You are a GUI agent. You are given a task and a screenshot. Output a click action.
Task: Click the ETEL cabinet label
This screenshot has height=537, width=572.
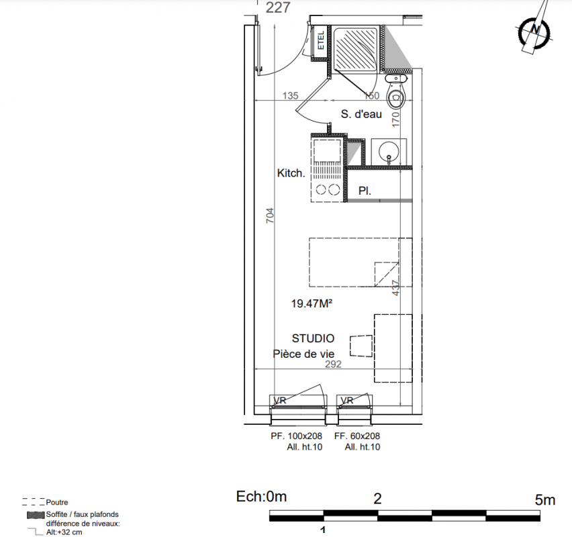pos(321,40)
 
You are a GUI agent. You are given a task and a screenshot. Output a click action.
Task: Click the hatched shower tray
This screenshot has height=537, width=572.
pos(356,49)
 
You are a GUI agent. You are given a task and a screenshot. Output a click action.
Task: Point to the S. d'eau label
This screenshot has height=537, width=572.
pos(361,114)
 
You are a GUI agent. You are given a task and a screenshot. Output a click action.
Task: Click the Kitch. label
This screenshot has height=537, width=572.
pos(291,173)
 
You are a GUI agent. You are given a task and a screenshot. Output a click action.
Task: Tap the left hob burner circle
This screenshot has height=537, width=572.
pos(321,190)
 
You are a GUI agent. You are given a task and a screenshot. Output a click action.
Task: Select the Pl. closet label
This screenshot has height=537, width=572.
pos(365,191)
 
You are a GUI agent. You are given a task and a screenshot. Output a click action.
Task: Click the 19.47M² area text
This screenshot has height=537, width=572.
pos(312,303)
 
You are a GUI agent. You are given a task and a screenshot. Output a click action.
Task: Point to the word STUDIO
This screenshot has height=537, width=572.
pos(313,338)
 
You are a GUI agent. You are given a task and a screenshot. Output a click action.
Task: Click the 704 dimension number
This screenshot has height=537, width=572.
pos(270,215)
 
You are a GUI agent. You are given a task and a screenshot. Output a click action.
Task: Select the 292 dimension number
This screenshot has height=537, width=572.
pos(333,364)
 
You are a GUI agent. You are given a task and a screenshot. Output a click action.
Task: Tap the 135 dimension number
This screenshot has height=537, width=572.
pos(291,95)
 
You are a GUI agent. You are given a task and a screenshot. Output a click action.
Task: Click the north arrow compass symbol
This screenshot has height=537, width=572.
pos(534,31)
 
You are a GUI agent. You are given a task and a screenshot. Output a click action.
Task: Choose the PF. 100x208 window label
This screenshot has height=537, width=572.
pos(296,436)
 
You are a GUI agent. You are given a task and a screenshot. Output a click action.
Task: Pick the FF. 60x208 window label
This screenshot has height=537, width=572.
pos(356,436)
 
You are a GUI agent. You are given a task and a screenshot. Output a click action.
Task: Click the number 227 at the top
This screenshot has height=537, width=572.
pos(278,7)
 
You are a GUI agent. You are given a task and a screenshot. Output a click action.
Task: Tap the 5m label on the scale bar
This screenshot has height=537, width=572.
pos(545,500)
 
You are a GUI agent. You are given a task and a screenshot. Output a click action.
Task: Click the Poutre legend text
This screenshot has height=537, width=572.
pos(57,502)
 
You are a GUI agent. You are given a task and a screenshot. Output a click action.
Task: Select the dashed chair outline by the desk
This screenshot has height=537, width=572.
pos(361,346)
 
